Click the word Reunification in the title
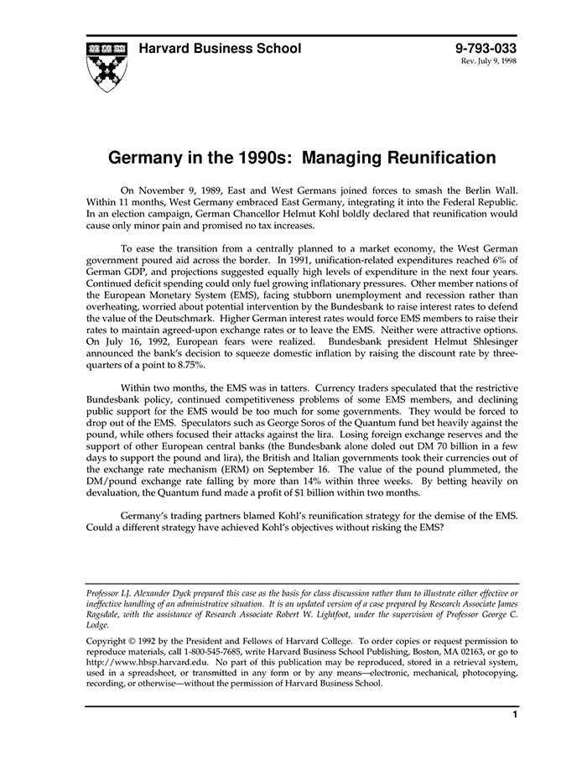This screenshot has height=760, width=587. pos(429,158)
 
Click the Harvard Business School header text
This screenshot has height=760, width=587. pos(220,49)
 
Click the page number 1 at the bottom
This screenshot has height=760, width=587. pos(514,715)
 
